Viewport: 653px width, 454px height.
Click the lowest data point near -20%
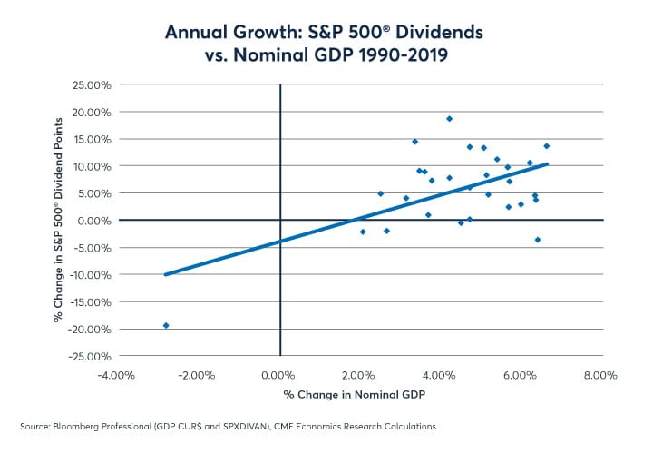166,325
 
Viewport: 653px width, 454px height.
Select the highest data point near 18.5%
449,118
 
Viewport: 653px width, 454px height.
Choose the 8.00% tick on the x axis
600,374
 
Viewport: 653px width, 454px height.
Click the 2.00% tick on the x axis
360,374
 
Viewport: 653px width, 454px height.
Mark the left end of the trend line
165,274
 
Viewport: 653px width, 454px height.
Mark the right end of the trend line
548,164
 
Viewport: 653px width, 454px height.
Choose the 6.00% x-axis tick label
521,374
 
